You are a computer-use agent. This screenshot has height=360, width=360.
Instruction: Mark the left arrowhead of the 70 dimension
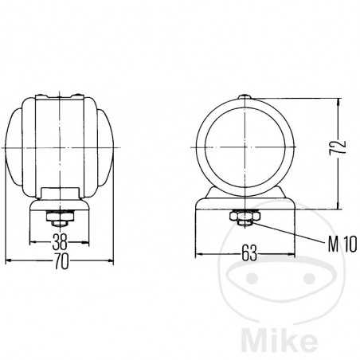(8, 260)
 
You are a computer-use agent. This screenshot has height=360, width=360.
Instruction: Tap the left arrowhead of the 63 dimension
(199, 254)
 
